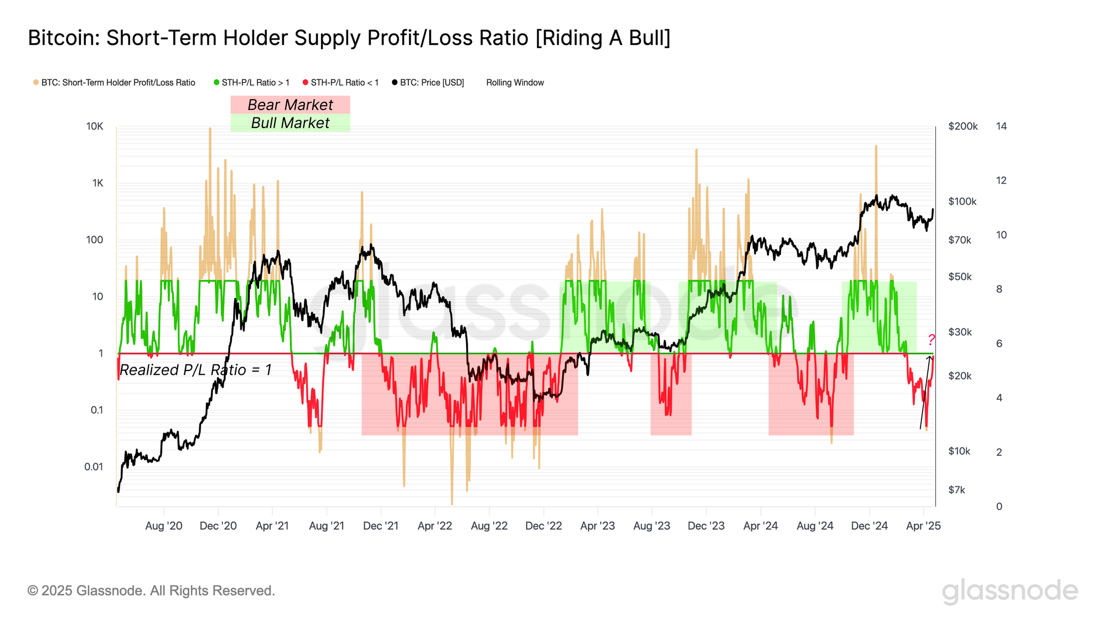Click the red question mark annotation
coord(932,339)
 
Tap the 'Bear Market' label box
coord(290,105)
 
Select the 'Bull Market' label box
coord(290,123)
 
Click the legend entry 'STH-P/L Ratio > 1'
coord(252,83)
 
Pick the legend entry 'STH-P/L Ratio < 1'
coord(341,83)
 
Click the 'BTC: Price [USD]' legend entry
coord(428,83)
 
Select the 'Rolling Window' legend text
coord(515,83)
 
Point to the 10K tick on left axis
coord(95,126)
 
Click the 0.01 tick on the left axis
coord(94,467)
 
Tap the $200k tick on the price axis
coord(963,126)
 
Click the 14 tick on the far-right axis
coord(1001,126)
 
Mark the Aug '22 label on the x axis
coord(489,526)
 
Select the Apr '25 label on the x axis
coord(923,526)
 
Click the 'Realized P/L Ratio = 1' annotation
coord(195,370)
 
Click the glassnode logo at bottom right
coord(1010,591)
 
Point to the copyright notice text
coord(151,591)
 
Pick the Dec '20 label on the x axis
coord(218,526)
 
